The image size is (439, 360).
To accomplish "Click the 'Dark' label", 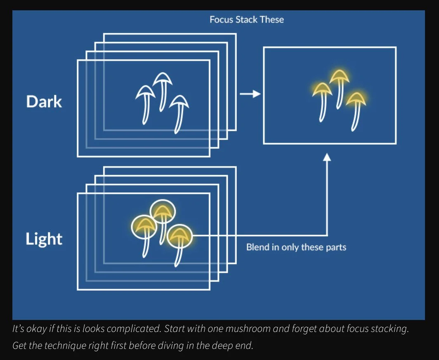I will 44,102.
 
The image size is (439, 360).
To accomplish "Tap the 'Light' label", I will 44,239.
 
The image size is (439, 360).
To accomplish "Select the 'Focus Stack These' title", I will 247,19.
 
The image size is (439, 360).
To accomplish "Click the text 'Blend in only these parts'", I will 296,247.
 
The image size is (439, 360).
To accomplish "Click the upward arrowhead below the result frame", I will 327,157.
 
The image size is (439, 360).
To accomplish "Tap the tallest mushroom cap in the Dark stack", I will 163,78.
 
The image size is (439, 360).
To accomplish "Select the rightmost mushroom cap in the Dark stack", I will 180,102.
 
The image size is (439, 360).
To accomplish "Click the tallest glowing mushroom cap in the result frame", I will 339,76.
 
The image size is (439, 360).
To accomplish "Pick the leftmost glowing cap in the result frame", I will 322,89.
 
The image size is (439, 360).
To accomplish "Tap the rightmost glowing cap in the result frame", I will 356,98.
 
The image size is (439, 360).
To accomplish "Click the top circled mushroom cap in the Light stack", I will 163,211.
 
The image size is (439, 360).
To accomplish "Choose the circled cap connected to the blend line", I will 179,235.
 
